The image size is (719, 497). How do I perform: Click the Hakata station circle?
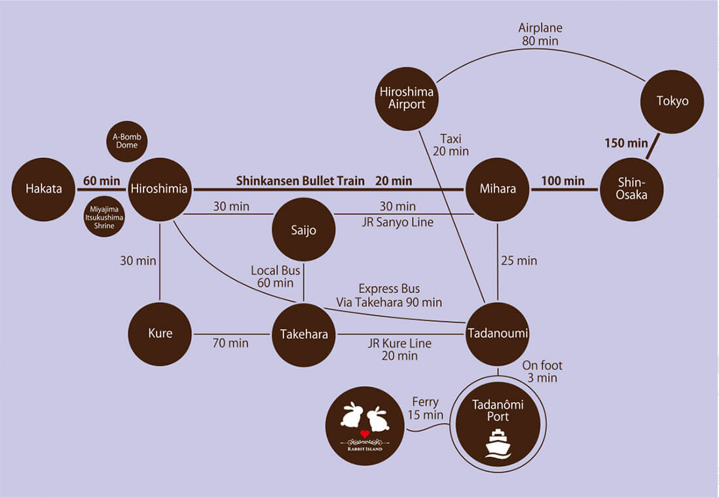click(x=43, y=189)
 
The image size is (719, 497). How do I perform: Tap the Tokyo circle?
click(x=673, y=101)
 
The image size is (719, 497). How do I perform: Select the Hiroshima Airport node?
click(x=407, y=98)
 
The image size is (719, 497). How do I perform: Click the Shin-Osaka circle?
click(x=632, y=189)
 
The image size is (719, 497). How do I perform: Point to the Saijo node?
click(x=303, y=230)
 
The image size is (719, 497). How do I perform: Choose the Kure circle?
click(x=160, y=333)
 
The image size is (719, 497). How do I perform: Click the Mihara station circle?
click(x=498, y=189)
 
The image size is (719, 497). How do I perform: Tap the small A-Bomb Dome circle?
click(x=127, y=141)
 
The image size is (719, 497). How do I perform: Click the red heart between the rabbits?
click(x=365, y=434)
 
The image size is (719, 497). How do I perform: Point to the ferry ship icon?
click(x=498, y=443)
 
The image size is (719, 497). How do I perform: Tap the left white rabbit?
click(x=352, y=417)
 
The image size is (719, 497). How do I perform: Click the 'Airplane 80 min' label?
click(x=540, y=35)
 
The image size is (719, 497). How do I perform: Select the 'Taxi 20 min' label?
click(x=451, y=144)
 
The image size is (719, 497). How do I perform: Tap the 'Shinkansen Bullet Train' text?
click(x=300, y=180)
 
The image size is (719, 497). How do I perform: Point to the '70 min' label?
click(x=230, y=343)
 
